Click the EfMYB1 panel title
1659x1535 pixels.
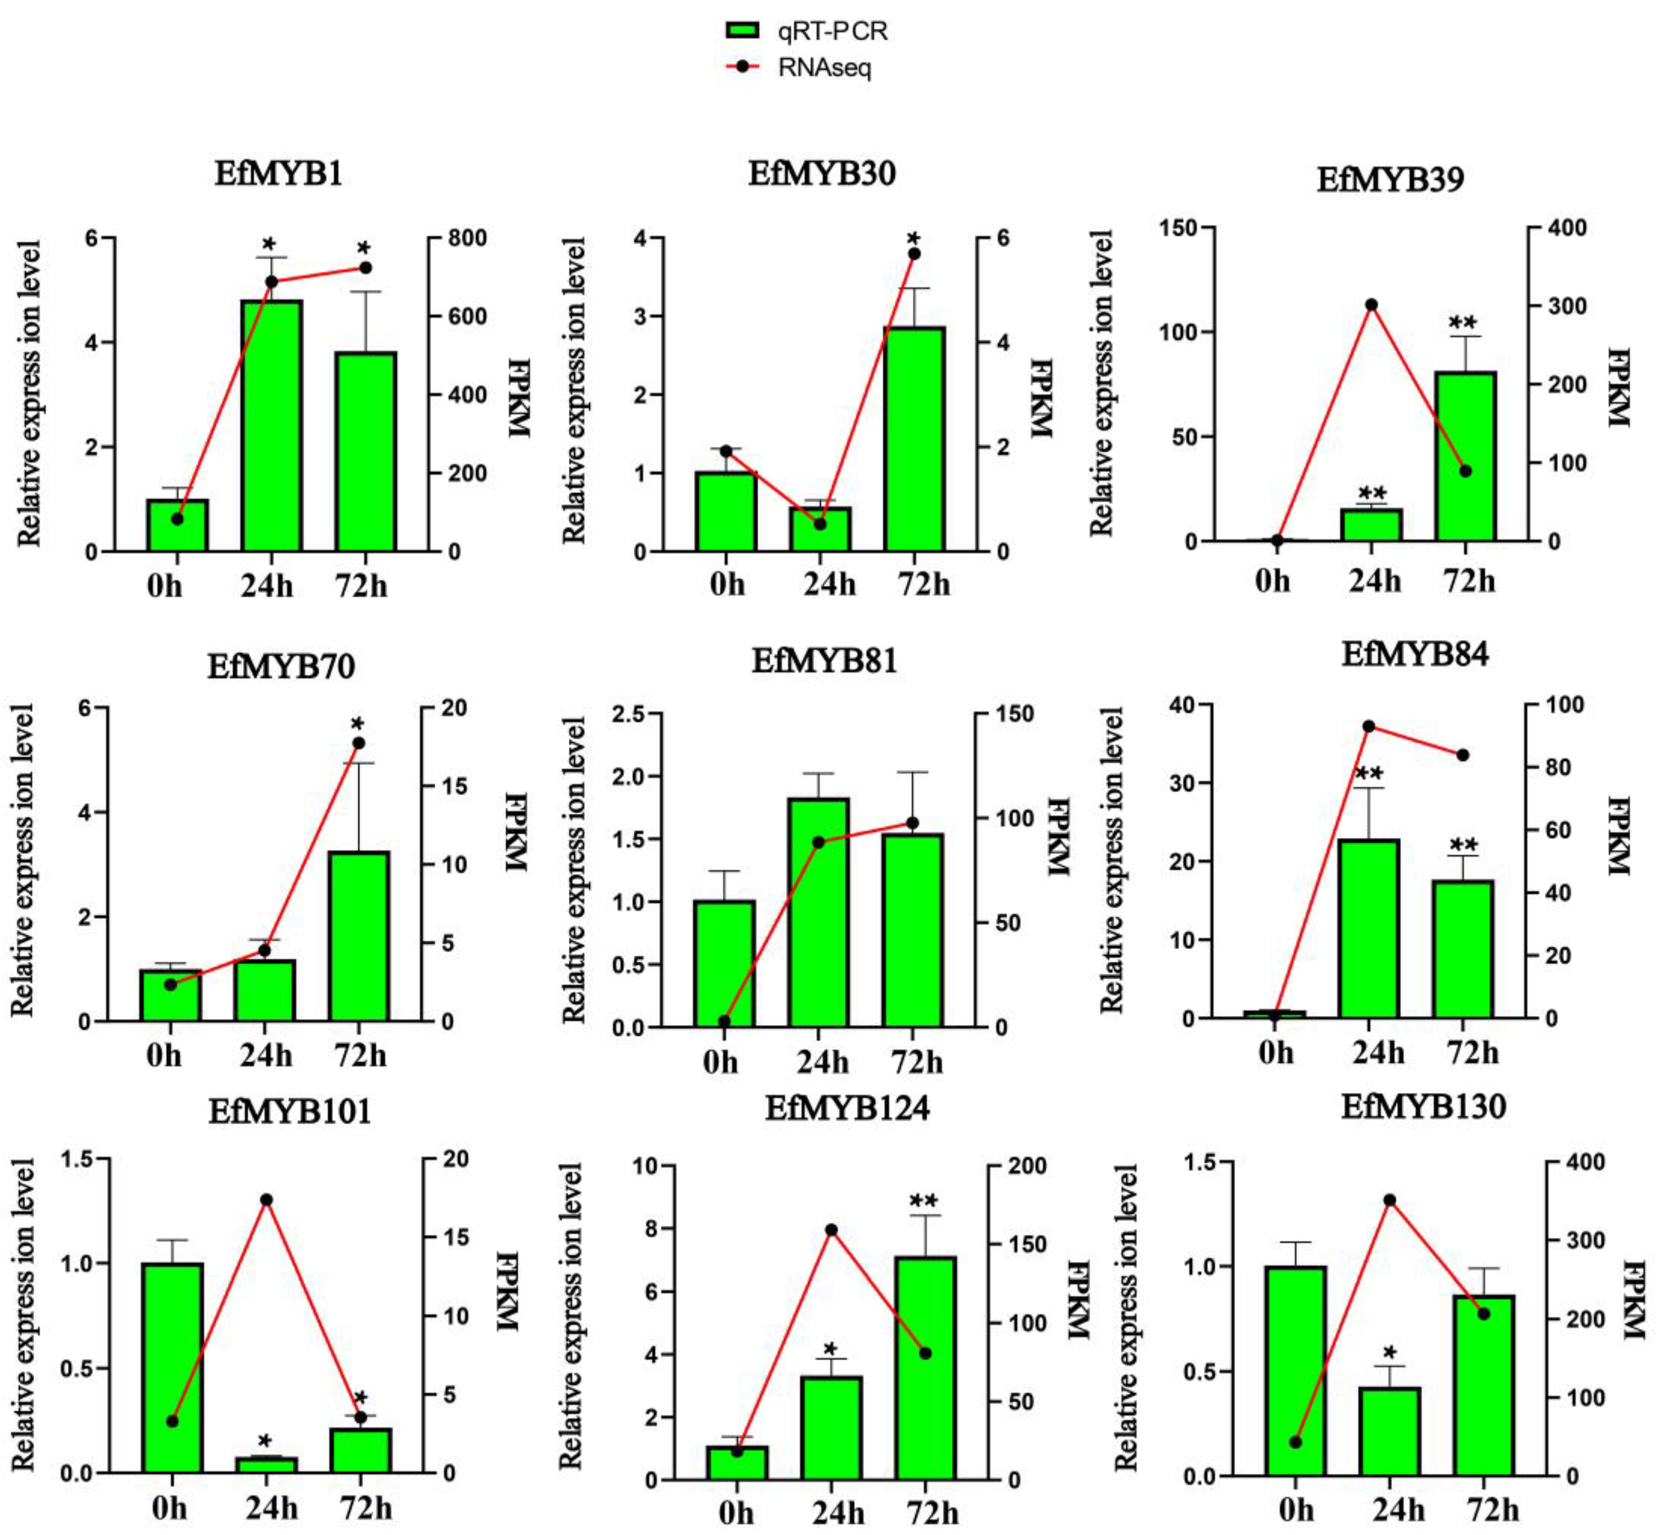(278, 174)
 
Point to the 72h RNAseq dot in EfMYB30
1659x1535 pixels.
(914, 253)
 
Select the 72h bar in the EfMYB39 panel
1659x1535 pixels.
(1465, 457)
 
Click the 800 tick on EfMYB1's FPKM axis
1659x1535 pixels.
(468, 238)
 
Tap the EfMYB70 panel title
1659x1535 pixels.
(282, 666)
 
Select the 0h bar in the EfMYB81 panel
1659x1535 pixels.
(724, 964)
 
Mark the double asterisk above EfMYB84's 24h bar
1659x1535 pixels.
(1368, 774)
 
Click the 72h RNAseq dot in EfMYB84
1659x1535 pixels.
(1463, 755)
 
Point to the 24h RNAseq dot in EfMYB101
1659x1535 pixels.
(267, 1200)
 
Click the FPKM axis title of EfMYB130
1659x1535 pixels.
(1632, 1300)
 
